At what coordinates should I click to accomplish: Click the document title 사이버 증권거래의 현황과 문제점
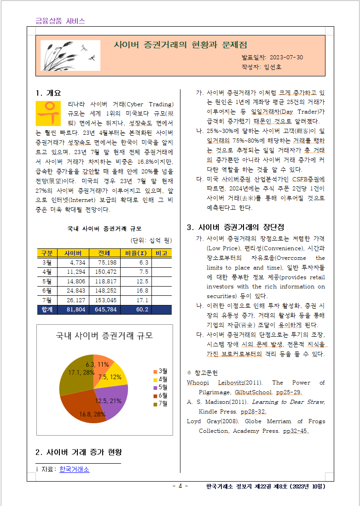[x=180, y=45]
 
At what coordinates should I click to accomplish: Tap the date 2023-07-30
[x=286, y=57]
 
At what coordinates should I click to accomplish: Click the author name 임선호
[x=273, y=67]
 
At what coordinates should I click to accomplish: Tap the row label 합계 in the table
[x=47, y=310]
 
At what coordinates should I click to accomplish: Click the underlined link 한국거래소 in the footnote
[x=74, y=469]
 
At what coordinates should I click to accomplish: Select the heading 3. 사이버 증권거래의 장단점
[x=235, y=227]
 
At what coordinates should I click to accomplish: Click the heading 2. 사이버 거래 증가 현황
[x=79, y=452]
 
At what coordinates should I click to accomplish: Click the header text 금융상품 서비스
[x=60, y=21]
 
